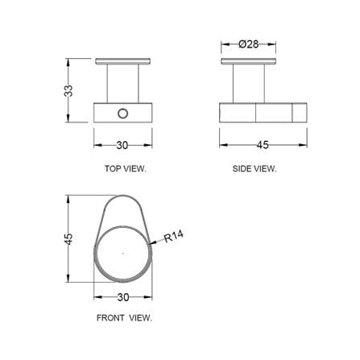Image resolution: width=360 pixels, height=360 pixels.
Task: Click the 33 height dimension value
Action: pos(68,91)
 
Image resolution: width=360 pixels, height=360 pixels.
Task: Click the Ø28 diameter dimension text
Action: pos(249,44)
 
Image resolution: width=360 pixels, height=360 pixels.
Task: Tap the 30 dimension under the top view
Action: pos(122,145)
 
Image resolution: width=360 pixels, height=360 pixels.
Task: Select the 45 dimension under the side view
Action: pos(263,145)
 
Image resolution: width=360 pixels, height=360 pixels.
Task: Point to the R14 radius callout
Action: pos(174,236)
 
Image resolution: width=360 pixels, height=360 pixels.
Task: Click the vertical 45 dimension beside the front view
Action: pos(68,239)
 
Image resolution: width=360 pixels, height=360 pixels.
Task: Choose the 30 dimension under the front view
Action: pos(123,297)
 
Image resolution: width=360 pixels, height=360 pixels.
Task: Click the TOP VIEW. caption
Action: pos(126,168)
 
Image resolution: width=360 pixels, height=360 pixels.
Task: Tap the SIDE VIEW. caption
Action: pos(254,168)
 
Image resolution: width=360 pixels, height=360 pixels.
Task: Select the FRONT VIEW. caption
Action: pos(124,318)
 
